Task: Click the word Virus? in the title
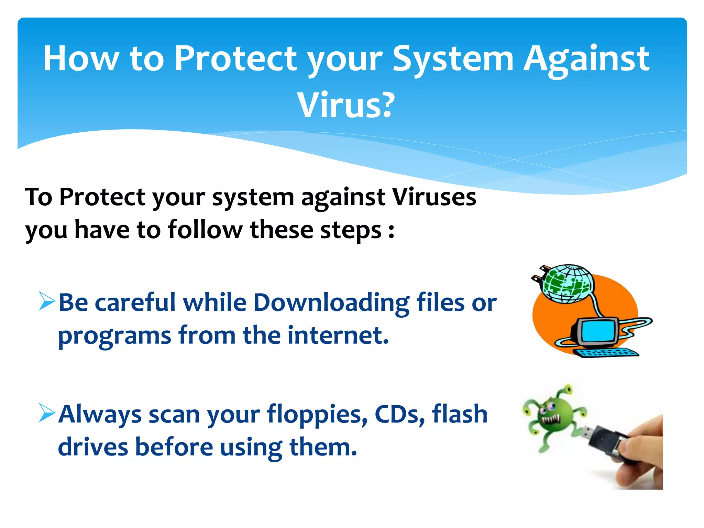coord(346,105)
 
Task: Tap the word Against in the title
coord(586,59)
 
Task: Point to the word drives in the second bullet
coord(92,447)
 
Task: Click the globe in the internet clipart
coord(567,284)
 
